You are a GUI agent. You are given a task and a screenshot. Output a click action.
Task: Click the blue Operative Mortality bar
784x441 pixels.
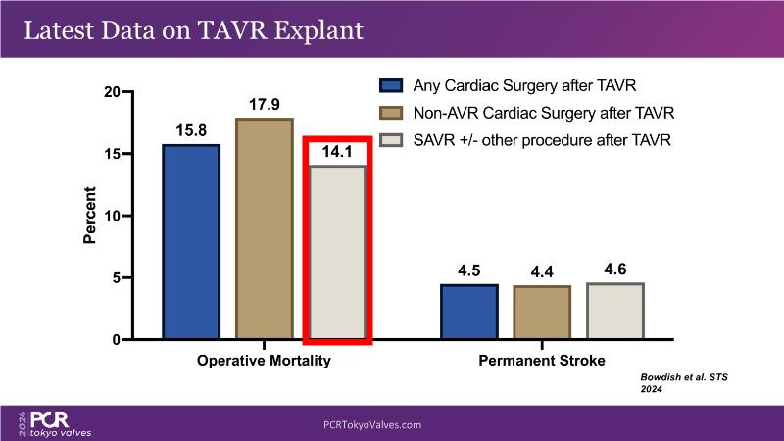(191, 242)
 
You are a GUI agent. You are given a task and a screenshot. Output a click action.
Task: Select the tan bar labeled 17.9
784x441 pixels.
(264, 229)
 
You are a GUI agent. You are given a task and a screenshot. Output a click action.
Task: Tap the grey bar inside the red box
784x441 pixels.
(337, 253)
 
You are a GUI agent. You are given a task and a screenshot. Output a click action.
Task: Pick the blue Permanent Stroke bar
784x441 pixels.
(469, 313)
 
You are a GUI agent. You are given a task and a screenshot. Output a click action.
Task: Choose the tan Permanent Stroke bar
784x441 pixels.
(542, 313)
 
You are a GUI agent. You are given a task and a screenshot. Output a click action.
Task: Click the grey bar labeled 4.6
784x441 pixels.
(615, 312)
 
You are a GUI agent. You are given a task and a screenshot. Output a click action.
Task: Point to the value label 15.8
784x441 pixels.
(191, 129)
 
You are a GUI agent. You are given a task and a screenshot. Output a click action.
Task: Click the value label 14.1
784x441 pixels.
(337, 152)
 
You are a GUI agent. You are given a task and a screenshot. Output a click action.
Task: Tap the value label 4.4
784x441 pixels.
(542, 270)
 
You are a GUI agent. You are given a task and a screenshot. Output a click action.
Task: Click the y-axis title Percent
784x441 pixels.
(89, 216)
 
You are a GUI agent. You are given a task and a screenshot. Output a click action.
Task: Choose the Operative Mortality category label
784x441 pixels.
(264, 361)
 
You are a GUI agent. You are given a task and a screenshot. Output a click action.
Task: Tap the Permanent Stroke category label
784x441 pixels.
(542, 361)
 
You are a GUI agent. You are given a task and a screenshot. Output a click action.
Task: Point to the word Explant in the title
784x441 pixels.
(313, 29)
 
